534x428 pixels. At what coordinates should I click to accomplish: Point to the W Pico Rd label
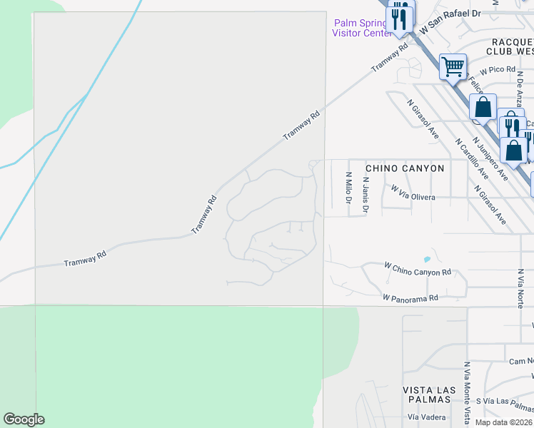[x=497, y=70]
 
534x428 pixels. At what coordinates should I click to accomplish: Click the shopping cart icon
[x=453, y=67]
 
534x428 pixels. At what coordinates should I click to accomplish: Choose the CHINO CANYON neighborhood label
[x=405, y=168]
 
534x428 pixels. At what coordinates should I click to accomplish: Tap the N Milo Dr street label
[x=348, y=188]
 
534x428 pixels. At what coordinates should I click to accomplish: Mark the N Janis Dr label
[x=365, y=195]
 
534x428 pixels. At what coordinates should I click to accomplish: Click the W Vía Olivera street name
[x=413, y=193]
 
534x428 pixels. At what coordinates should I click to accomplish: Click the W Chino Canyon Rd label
[x=418, y=272]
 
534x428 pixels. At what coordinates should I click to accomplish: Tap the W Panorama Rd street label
[x=409, y=297]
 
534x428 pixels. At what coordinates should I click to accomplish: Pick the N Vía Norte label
[x=520, y=288]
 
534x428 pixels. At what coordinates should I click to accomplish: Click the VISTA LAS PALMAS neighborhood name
[x=428, y=394]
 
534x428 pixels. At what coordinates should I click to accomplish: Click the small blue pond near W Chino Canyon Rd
[x=427, y=258]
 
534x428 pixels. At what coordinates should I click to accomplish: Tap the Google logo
[x=24, y=419]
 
